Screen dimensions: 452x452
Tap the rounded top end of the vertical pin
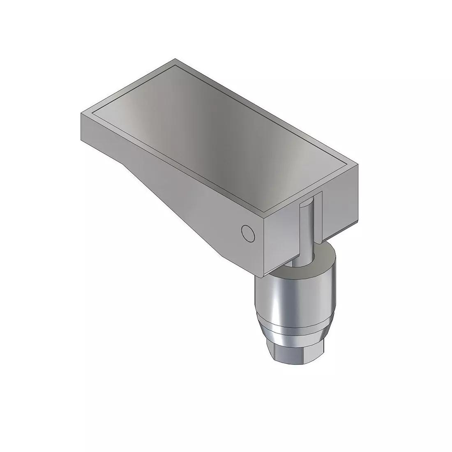[308, 203]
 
